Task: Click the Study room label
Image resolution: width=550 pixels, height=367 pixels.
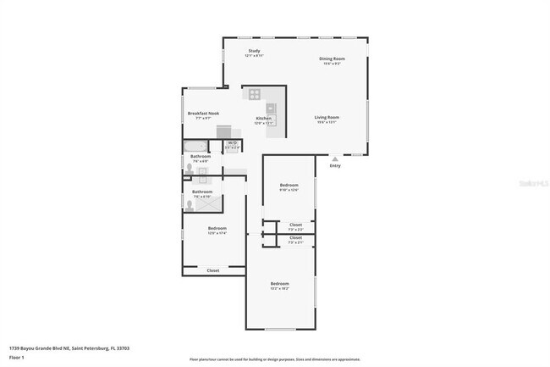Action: [x=254, y=51]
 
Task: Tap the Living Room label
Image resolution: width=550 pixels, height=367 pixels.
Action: [x=327, y=117]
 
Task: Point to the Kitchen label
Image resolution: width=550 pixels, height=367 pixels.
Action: [x=264, y=118]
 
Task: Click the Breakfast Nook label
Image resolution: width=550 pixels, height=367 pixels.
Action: [x=203, y=113]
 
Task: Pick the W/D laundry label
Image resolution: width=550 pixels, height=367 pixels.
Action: [x=232, y=143]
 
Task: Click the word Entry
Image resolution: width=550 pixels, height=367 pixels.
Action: [x=335, y=165]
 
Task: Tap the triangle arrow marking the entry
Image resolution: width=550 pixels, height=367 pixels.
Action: [x=335, y=158]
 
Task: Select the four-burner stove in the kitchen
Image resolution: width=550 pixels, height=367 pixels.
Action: [x=254, y=94]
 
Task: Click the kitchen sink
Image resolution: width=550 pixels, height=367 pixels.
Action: [x=271, y=108]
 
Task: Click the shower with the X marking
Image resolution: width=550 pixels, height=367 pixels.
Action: [x=211, y=203]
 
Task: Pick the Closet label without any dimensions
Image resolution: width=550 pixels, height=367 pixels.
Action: [x=213, y=270]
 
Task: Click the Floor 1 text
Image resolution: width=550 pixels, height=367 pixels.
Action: [x=17, y=354]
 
